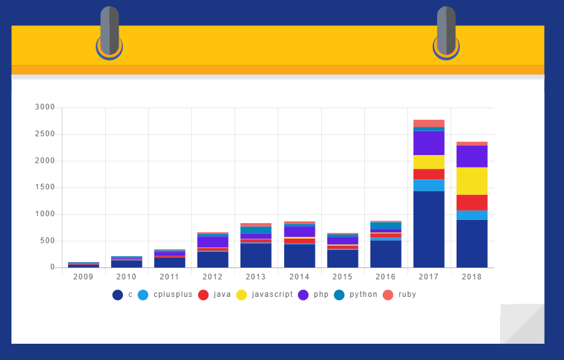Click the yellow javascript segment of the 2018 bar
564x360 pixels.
(472, 181)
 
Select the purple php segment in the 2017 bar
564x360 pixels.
(428, 142)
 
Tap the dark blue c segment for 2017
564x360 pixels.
(428, 229)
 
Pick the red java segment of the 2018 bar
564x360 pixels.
(472, 202)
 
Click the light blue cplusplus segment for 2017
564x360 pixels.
(428, 185)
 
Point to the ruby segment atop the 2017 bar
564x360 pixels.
(428, 123)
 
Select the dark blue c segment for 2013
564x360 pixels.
(255, 255)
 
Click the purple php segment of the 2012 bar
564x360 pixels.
(212, 242)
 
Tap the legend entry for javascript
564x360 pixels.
(265, 294)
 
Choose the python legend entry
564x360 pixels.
(357, 294)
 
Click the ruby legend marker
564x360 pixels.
(388, 294)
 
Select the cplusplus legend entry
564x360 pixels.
(165, 294)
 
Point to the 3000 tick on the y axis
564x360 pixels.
(45, 107)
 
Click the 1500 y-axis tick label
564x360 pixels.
(45, 187)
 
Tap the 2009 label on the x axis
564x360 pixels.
(83, 276)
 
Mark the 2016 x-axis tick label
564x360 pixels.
(385, 276)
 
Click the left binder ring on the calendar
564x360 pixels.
(109, 31)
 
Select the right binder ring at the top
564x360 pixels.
(446, 31)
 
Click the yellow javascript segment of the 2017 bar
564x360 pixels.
(428, 162)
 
